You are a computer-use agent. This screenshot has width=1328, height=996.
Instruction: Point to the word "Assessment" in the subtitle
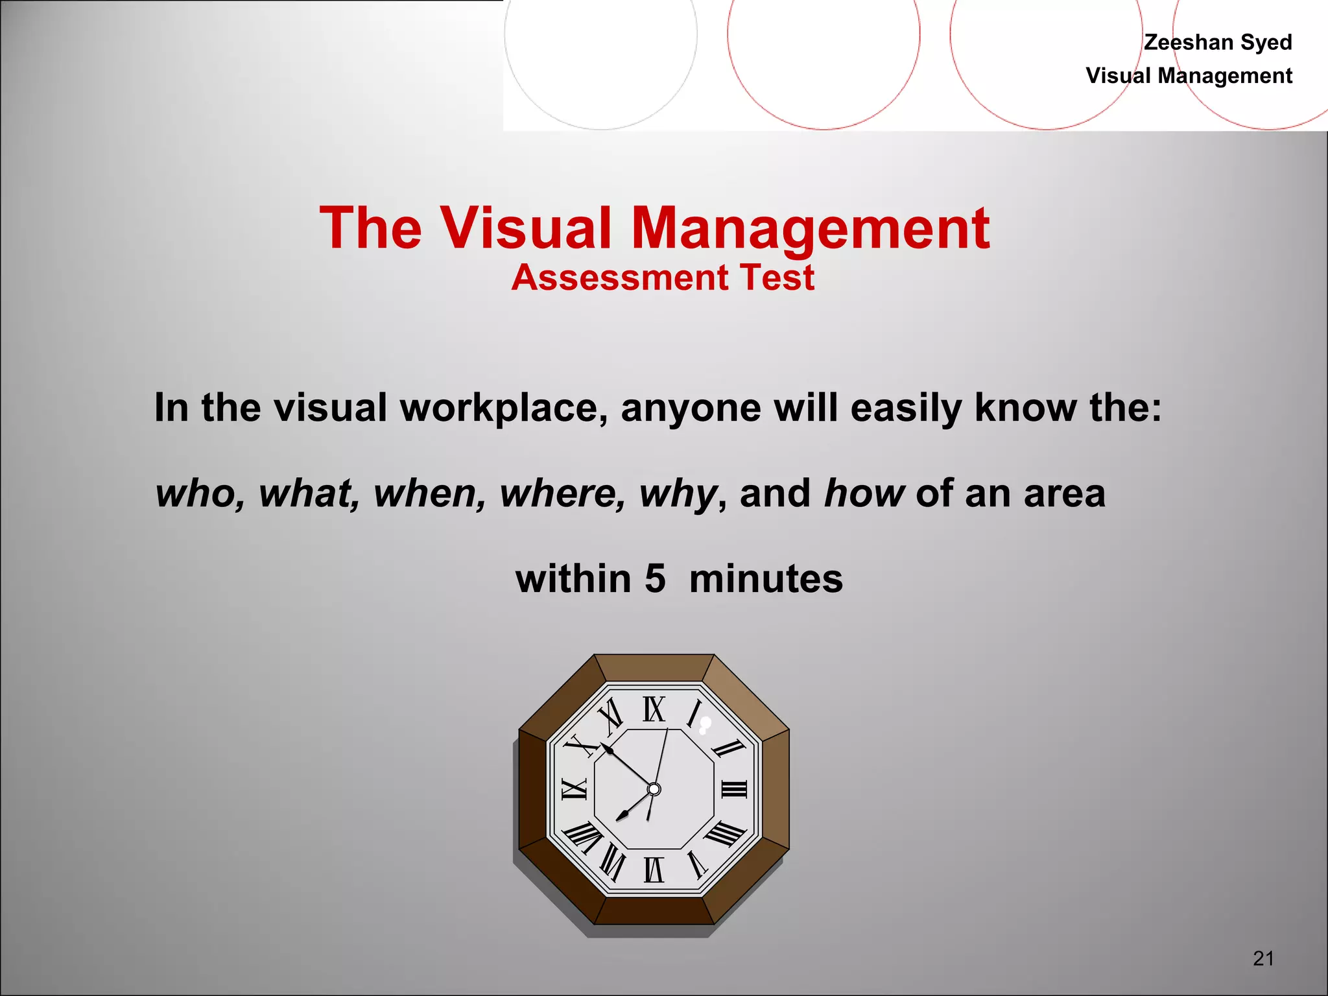620,278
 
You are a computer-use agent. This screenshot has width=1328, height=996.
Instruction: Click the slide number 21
1263,958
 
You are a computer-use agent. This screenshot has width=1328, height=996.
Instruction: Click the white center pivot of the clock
654,789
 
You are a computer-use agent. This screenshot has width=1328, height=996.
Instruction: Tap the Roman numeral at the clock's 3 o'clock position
734,789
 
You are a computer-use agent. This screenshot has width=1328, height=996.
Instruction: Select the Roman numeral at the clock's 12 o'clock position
654,709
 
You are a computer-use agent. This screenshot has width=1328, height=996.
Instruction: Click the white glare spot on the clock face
705,724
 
